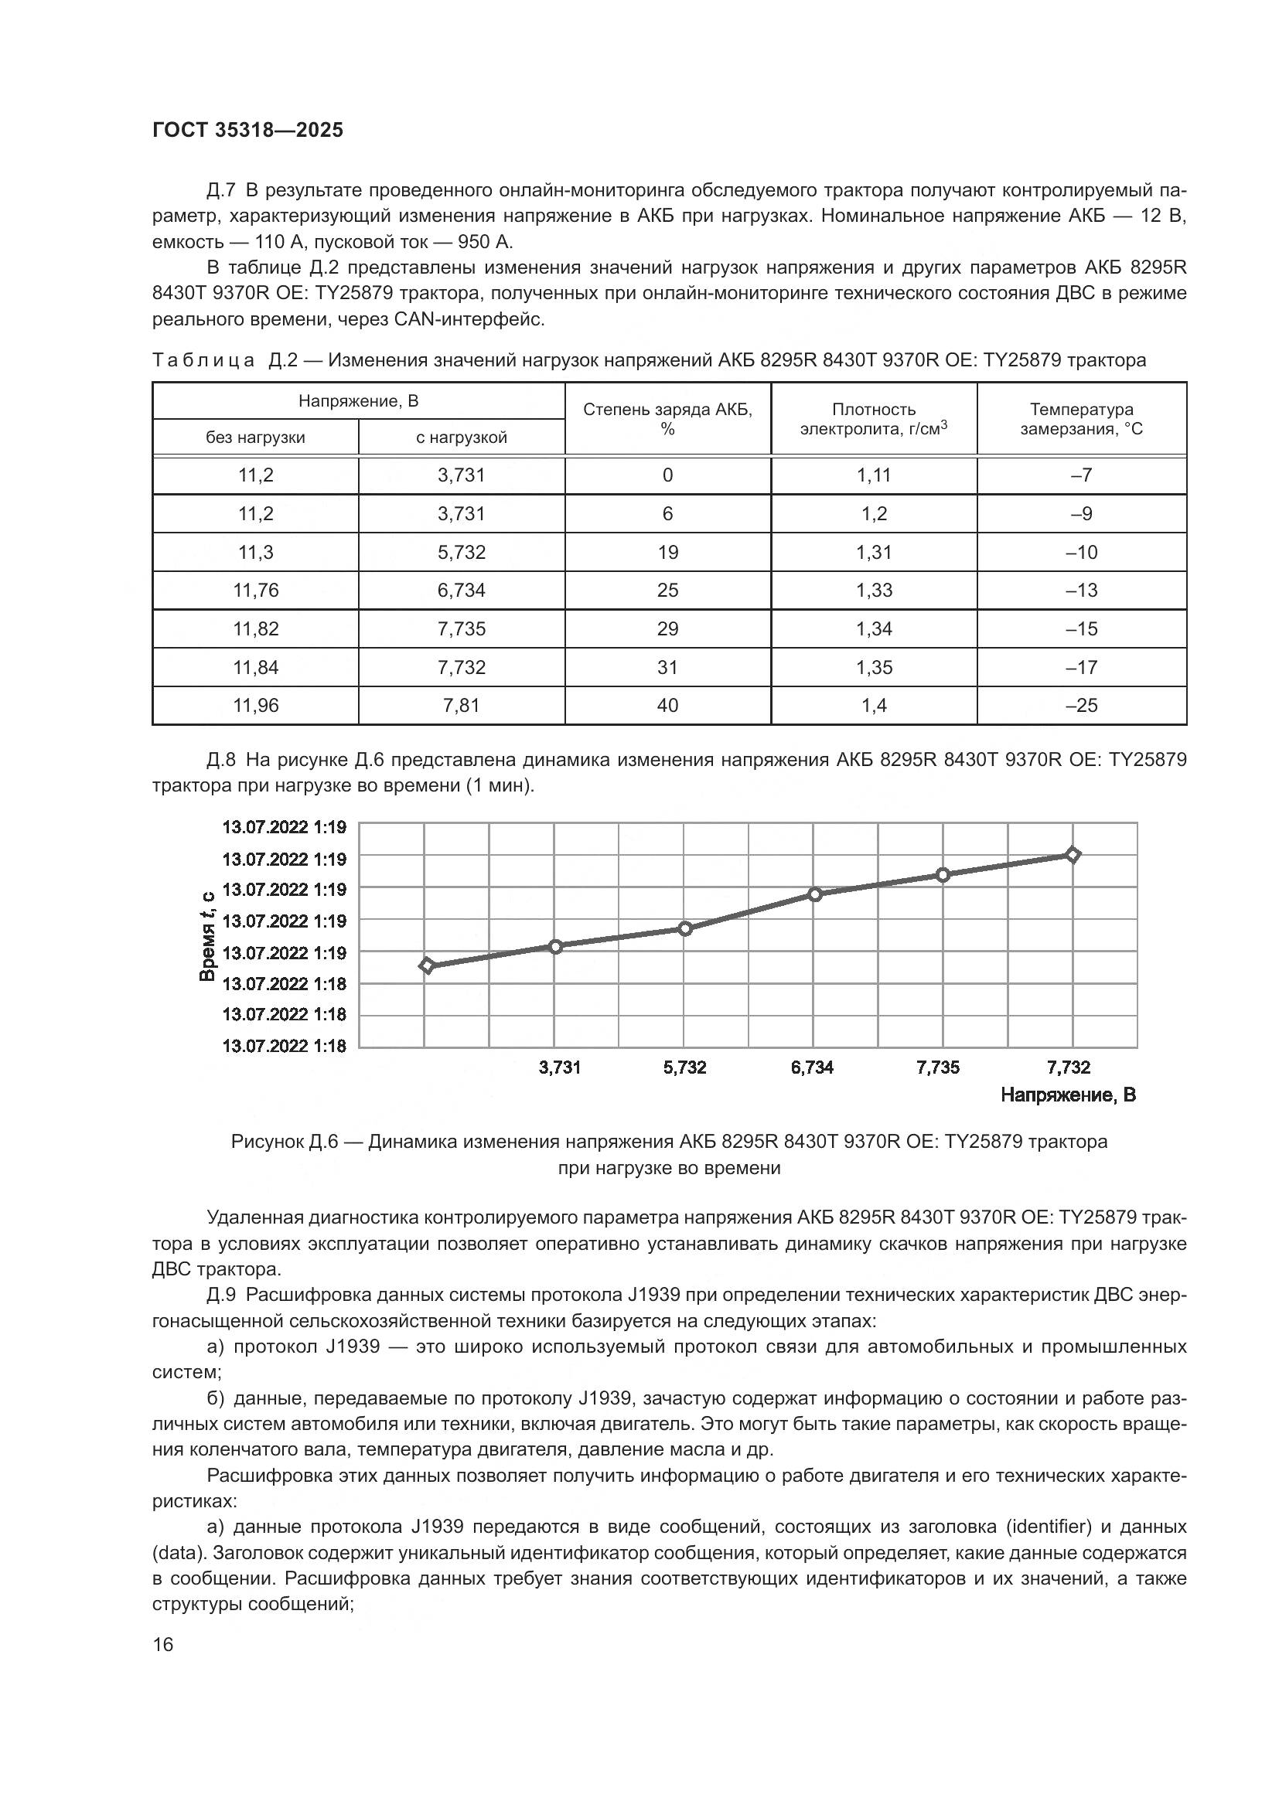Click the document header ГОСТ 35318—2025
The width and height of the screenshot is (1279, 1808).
[x=247, y=130]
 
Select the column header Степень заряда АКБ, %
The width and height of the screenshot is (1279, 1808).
[x=667, y=419]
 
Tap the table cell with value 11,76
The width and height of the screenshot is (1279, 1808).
[x=256, y=591]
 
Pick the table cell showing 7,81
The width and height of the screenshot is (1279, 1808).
[x=462, y=706]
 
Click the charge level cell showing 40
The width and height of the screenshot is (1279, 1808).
[x=667, y=706]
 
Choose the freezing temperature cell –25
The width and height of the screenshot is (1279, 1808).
[x=1081, y=706]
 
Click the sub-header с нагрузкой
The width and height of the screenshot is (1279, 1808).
[x=462, y=438]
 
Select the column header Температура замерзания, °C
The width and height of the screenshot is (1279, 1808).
[x=1081, y=419]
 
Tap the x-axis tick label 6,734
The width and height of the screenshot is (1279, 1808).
[x=812, y=1067]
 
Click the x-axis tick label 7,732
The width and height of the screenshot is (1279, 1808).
[x=1069, y=1067]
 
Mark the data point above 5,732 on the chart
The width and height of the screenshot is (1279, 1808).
[x=685, y=929]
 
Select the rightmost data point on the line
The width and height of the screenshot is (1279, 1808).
[x=1073, y=854]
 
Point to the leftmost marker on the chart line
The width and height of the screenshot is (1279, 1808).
[x=427, y=966]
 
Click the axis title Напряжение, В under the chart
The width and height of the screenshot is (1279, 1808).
[x=1068, y=1095]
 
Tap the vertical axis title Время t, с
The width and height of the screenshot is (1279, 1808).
[x=207, y=936]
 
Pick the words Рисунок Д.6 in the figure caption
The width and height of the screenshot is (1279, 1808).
[x=285, y=1142]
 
